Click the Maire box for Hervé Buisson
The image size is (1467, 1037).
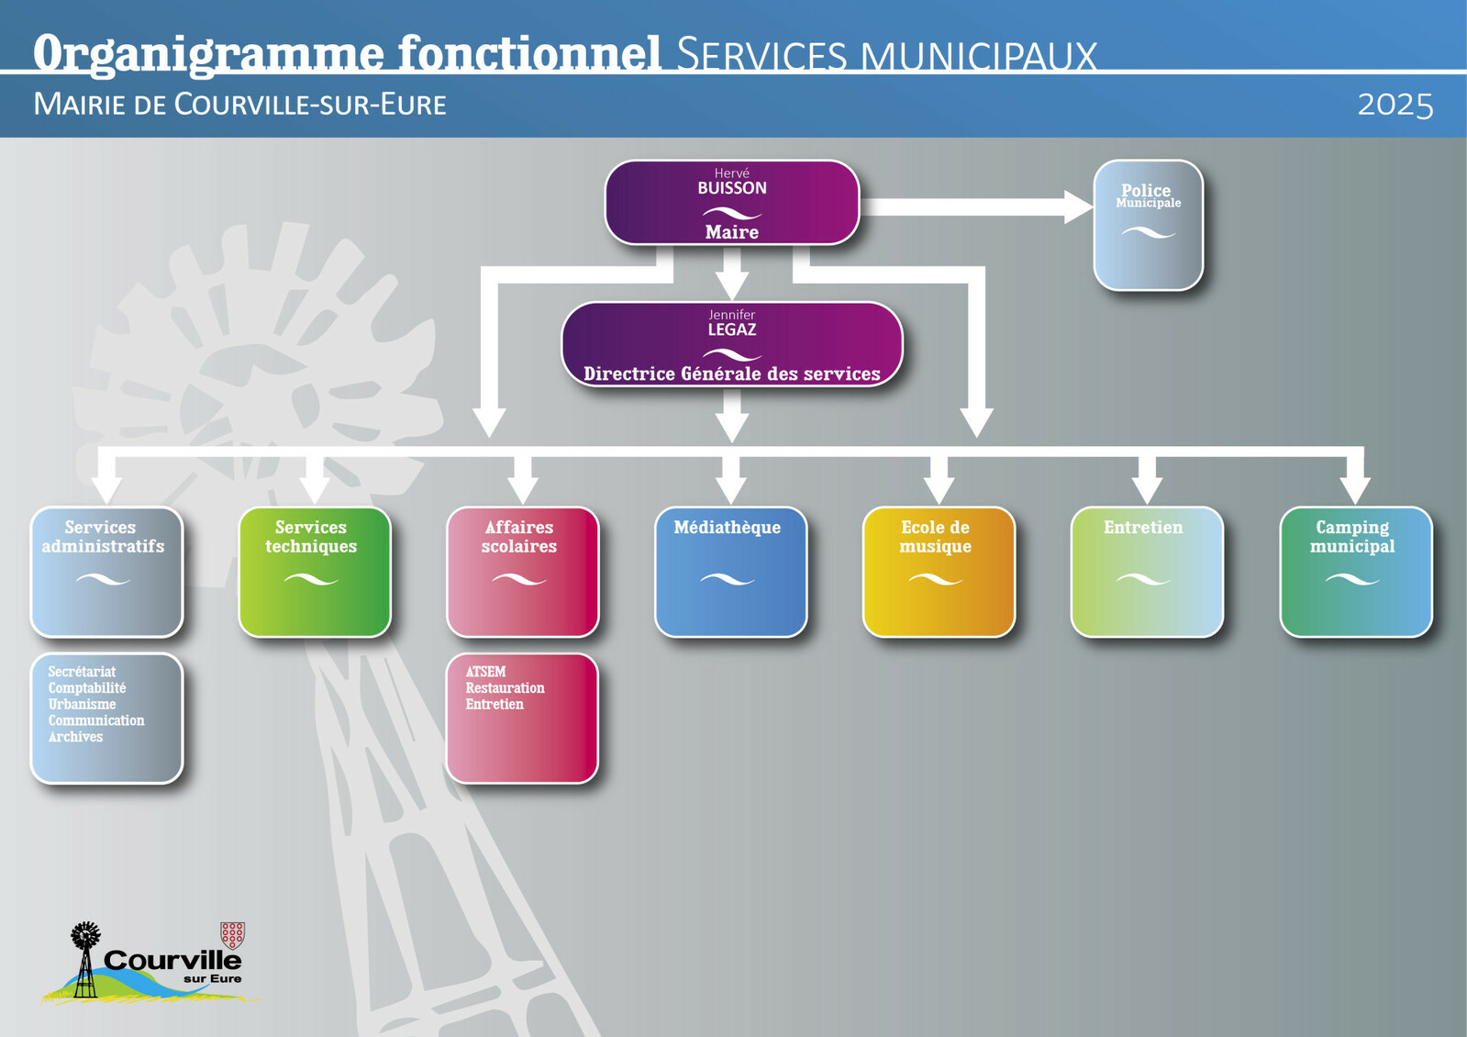[x=731, y=203]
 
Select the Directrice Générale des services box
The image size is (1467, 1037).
[x=731, y=344]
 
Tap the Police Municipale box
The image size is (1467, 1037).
[x=1148, y=226]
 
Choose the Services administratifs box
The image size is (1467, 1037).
[x=106, y=572]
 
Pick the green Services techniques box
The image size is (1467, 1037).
[x=314, y=572]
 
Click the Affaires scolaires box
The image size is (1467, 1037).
[x=522, y=572]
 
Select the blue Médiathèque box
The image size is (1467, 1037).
[x=730, y=572]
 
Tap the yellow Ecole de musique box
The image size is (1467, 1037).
[x=939, y=572]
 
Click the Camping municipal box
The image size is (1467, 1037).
[x=1355, y=572]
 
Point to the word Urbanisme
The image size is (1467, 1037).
[x=82, y=704]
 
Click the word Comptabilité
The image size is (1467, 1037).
[x=87, y=687]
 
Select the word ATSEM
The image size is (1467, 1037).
[x=485, y=672]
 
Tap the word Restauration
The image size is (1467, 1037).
[x=505, y=688]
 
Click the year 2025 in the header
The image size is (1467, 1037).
[x=1395, y=105]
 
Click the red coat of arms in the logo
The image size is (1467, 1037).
[x=233, y=935]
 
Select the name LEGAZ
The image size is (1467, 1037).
[x=731, y=329]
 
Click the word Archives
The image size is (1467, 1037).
[x=75, y=737]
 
